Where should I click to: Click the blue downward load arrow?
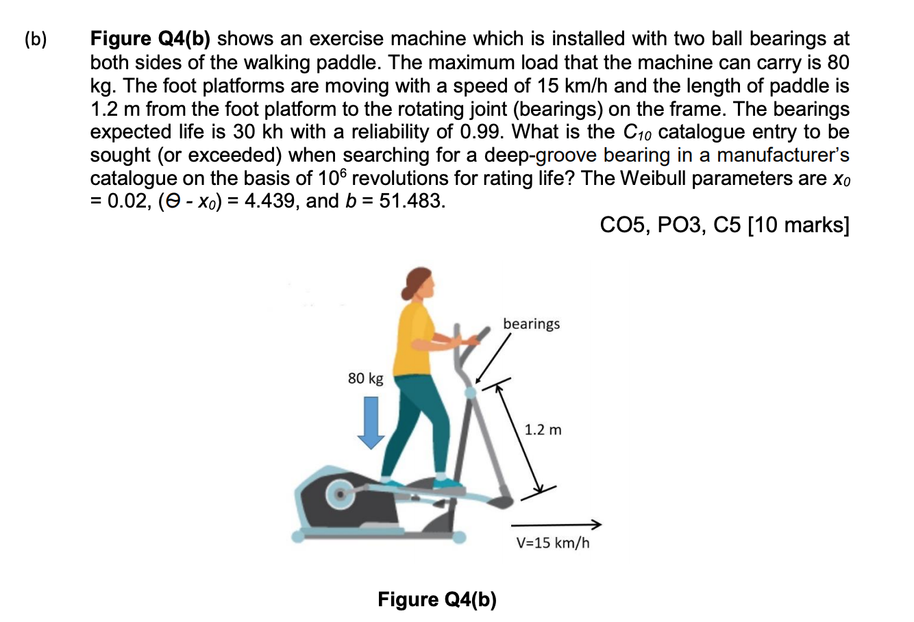(x=371, y=422)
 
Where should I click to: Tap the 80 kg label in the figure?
(x=365, y=378)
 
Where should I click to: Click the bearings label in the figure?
(x=531, y=323)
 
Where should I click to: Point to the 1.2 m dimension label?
(x=543, y=430)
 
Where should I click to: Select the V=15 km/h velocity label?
(x=552, y=543)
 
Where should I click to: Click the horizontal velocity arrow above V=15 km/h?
(x=556, y=525)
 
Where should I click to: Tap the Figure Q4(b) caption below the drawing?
(x=437, y=599)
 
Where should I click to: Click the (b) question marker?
(x=36, y=40)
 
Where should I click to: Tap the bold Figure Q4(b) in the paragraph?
(x=150, y=39)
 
